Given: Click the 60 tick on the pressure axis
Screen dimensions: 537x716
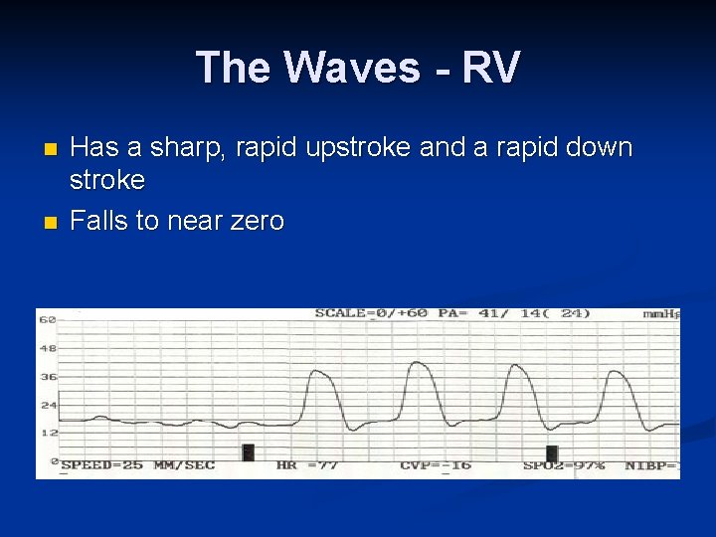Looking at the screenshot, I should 46,320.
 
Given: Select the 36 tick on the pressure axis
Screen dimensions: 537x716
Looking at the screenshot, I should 46,377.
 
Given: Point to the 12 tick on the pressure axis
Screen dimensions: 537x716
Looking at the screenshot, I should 46,434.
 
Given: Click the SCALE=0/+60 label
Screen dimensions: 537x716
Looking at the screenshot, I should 371,313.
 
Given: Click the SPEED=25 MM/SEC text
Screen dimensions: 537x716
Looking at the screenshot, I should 137,465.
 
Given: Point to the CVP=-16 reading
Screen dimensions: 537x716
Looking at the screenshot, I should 435,465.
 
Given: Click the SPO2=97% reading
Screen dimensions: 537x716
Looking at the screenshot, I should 564,465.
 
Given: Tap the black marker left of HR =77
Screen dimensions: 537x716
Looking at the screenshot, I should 249,452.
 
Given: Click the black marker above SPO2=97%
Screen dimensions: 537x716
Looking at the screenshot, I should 552,452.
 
